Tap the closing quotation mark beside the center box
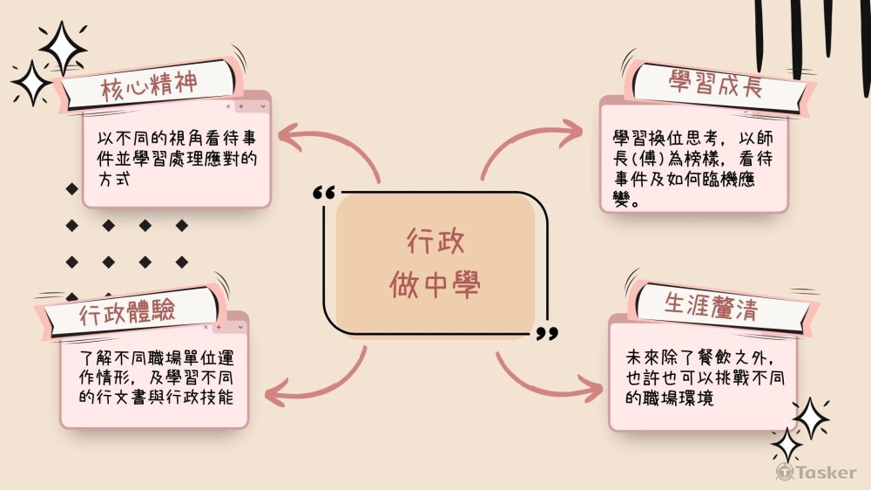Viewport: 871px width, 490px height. tap(547, 332)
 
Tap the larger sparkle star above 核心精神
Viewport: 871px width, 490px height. tap(63, 45)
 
